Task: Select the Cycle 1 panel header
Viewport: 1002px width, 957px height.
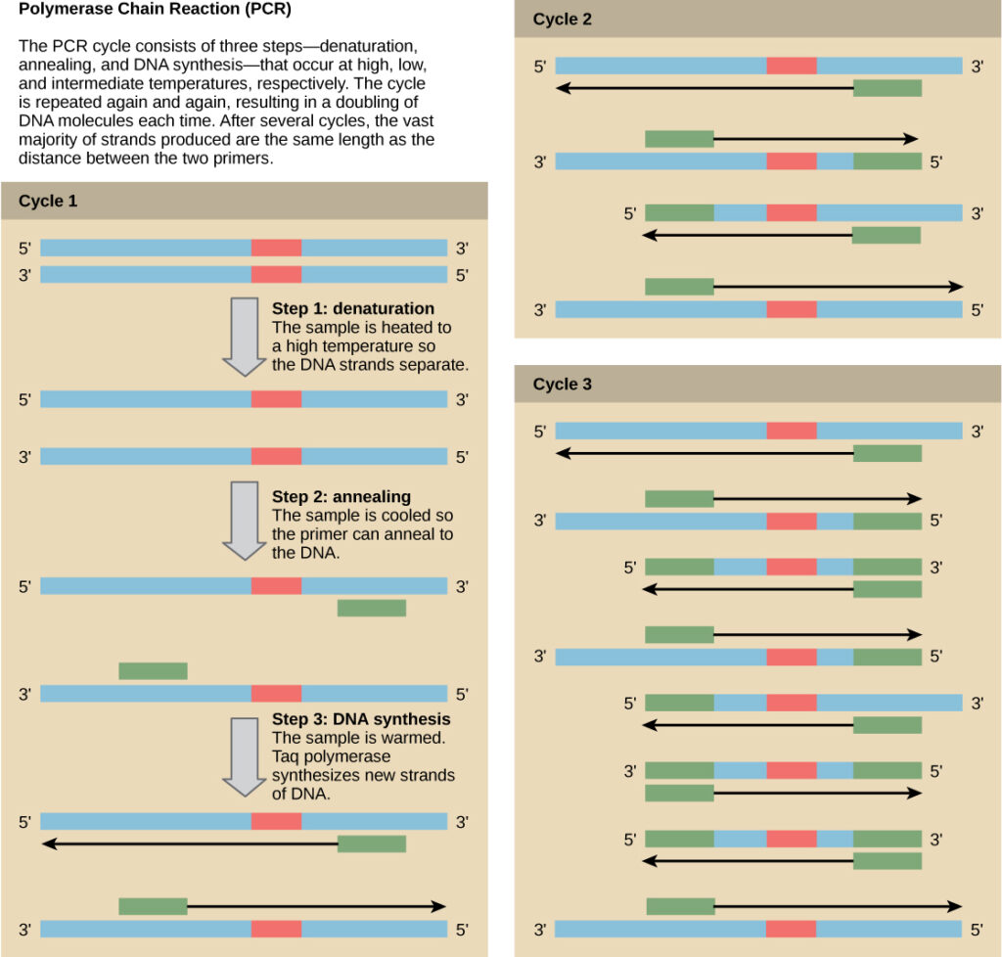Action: (x=47, y=202)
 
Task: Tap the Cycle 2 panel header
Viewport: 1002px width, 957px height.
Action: (x=562, y=20)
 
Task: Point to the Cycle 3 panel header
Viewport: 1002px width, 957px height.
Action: (x=562, y=385)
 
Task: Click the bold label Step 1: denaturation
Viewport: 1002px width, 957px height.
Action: (x=352, y=309)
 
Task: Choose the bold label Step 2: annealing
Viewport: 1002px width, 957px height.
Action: (x=341, y=497)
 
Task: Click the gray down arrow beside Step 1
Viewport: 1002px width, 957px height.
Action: (x=244, y=336)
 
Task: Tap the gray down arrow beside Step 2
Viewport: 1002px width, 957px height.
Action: (x=244, y=520)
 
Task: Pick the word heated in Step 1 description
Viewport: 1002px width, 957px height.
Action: (x=395, y=328)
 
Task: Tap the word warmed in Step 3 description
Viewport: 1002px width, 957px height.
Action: (x=406, y=738)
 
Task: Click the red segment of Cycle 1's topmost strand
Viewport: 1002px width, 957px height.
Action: (x=276, y=248)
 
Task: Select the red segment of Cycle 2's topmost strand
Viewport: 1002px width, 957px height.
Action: (x=791, y=66)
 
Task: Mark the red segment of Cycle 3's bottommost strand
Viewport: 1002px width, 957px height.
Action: (x=791, y=929)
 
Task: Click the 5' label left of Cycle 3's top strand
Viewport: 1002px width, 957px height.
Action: (x=540, y=431)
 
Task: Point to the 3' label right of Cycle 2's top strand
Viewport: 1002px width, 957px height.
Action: (x=977, y=67)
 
